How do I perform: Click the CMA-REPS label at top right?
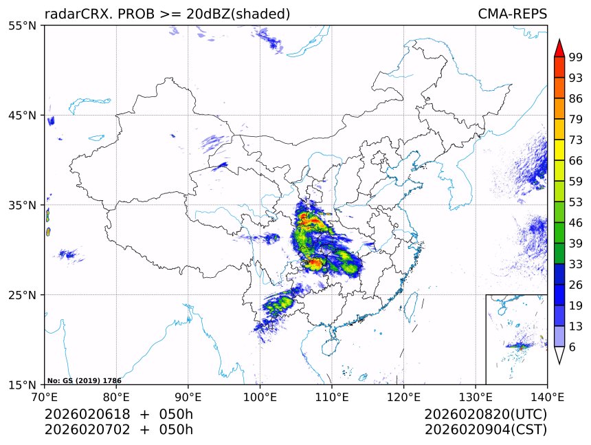512,14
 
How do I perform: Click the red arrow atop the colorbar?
559,48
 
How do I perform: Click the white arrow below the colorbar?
559,355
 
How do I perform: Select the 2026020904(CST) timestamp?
485,430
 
